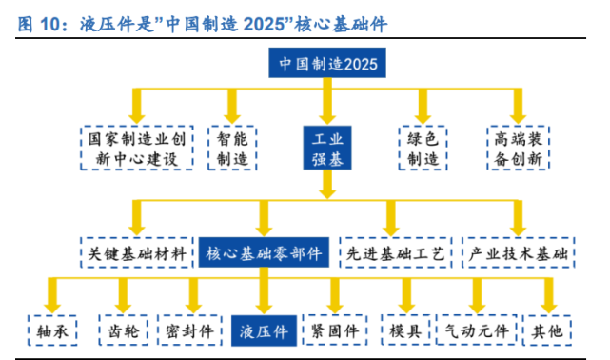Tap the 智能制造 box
(x=231, y=149)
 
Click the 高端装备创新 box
(x=519, y=149)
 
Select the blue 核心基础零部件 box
(x=264, y=254)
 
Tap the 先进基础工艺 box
(x=394, y=254)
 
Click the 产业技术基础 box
(x=520, y=254)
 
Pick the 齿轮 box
(x=122, y=330)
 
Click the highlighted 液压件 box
(x=264, y=330)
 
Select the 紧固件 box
(x=335, y=330)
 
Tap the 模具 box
(x=405, y=330)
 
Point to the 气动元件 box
(x=476, y=330)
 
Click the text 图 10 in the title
(x=39, y=20)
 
